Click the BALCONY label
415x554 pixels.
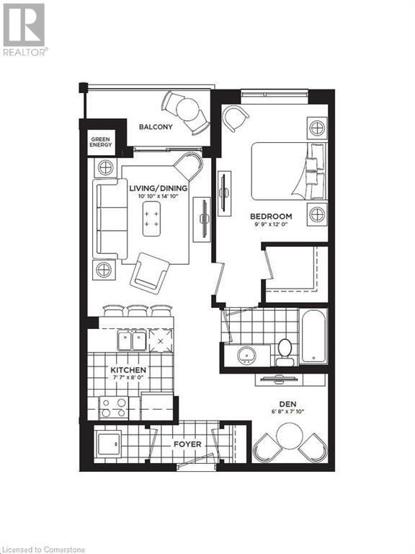click(156, 127)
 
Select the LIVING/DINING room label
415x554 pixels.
click(159, 188)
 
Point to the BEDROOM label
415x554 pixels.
click(271, 216)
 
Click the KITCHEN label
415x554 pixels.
click(128, 370)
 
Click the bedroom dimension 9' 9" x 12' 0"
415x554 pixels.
click(271, 225)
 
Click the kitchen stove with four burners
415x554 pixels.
click(113, 409)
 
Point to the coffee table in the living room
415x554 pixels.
click(151, 219)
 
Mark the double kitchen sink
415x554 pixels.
click(133, 340)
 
